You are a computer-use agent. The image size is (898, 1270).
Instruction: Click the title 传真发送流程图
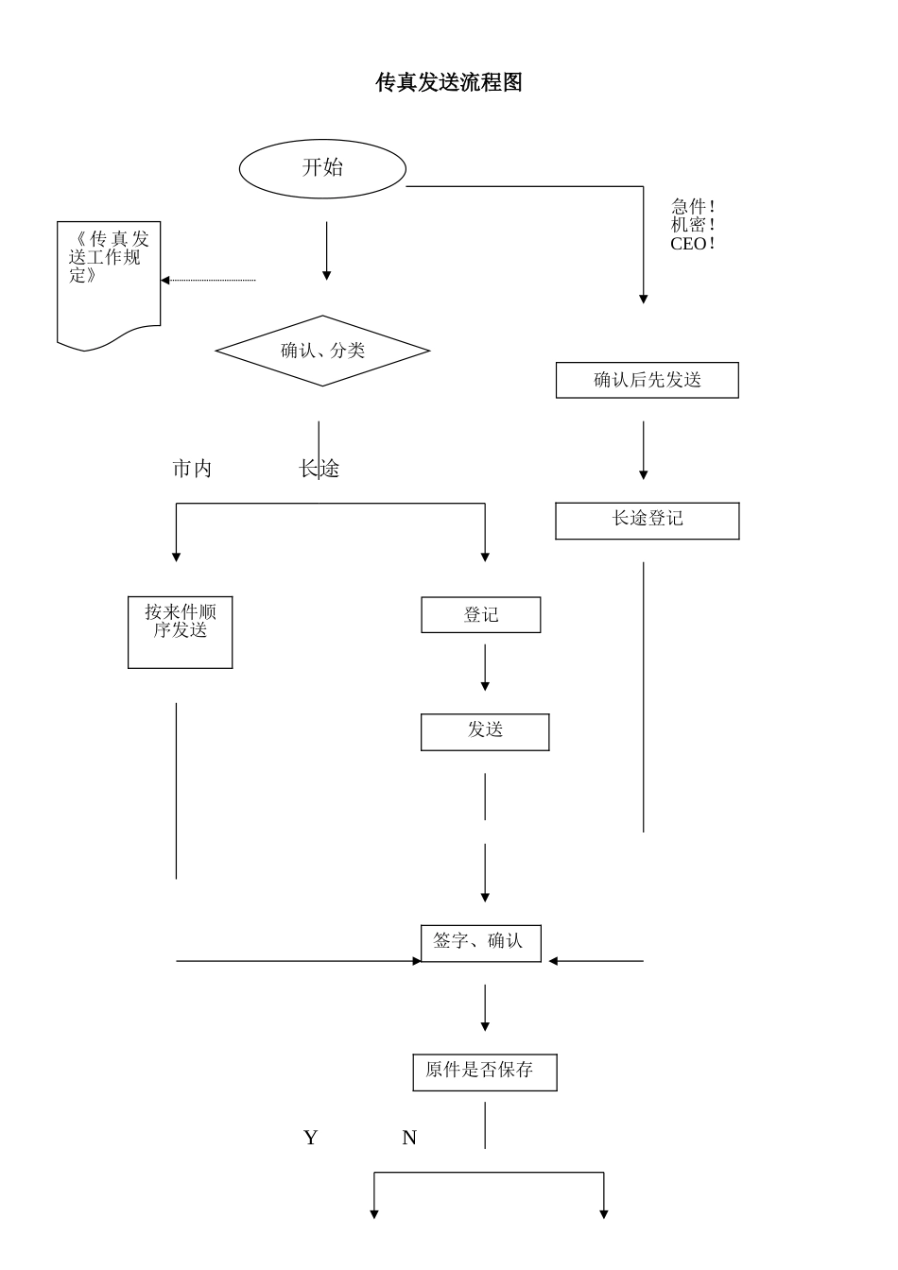(449, 83)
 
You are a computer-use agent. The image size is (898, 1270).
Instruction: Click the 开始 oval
(322, 168)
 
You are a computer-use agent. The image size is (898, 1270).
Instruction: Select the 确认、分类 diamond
(322, 351)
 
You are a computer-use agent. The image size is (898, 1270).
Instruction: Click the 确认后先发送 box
(648, 380)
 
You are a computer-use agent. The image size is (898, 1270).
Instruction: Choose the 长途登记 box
(648, 521)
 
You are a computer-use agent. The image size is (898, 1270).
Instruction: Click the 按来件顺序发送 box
(181, 632)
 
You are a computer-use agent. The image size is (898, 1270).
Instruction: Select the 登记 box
(481, 615)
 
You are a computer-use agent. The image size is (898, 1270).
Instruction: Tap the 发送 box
(485, 732)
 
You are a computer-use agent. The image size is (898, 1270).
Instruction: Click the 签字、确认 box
(480, 942)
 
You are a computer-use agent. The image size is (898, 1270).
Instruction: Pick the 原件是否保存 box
(484, 1072)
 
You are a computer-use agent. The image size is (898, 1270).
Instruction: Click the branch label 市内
(192, 469)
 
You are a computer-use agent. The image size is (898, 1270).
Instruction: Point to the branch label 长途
(319, 469)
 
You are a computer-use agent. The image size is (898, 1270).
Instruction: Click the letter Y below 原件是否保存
(310, 1138)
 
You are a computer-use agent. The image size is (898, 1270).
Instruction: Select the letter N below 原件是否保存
(409, 1138)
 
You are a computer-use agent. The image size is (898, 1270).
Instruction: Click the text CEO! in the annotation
(693, 244)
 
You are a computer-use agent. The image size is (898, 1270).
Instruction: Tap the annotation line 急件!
(693, 206)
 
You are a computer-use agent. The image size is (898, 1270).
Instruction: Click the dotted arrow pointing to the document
(208, 280)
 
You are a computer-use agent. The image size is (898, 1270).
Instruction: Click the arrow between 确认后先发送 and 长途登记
(644, 451)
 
